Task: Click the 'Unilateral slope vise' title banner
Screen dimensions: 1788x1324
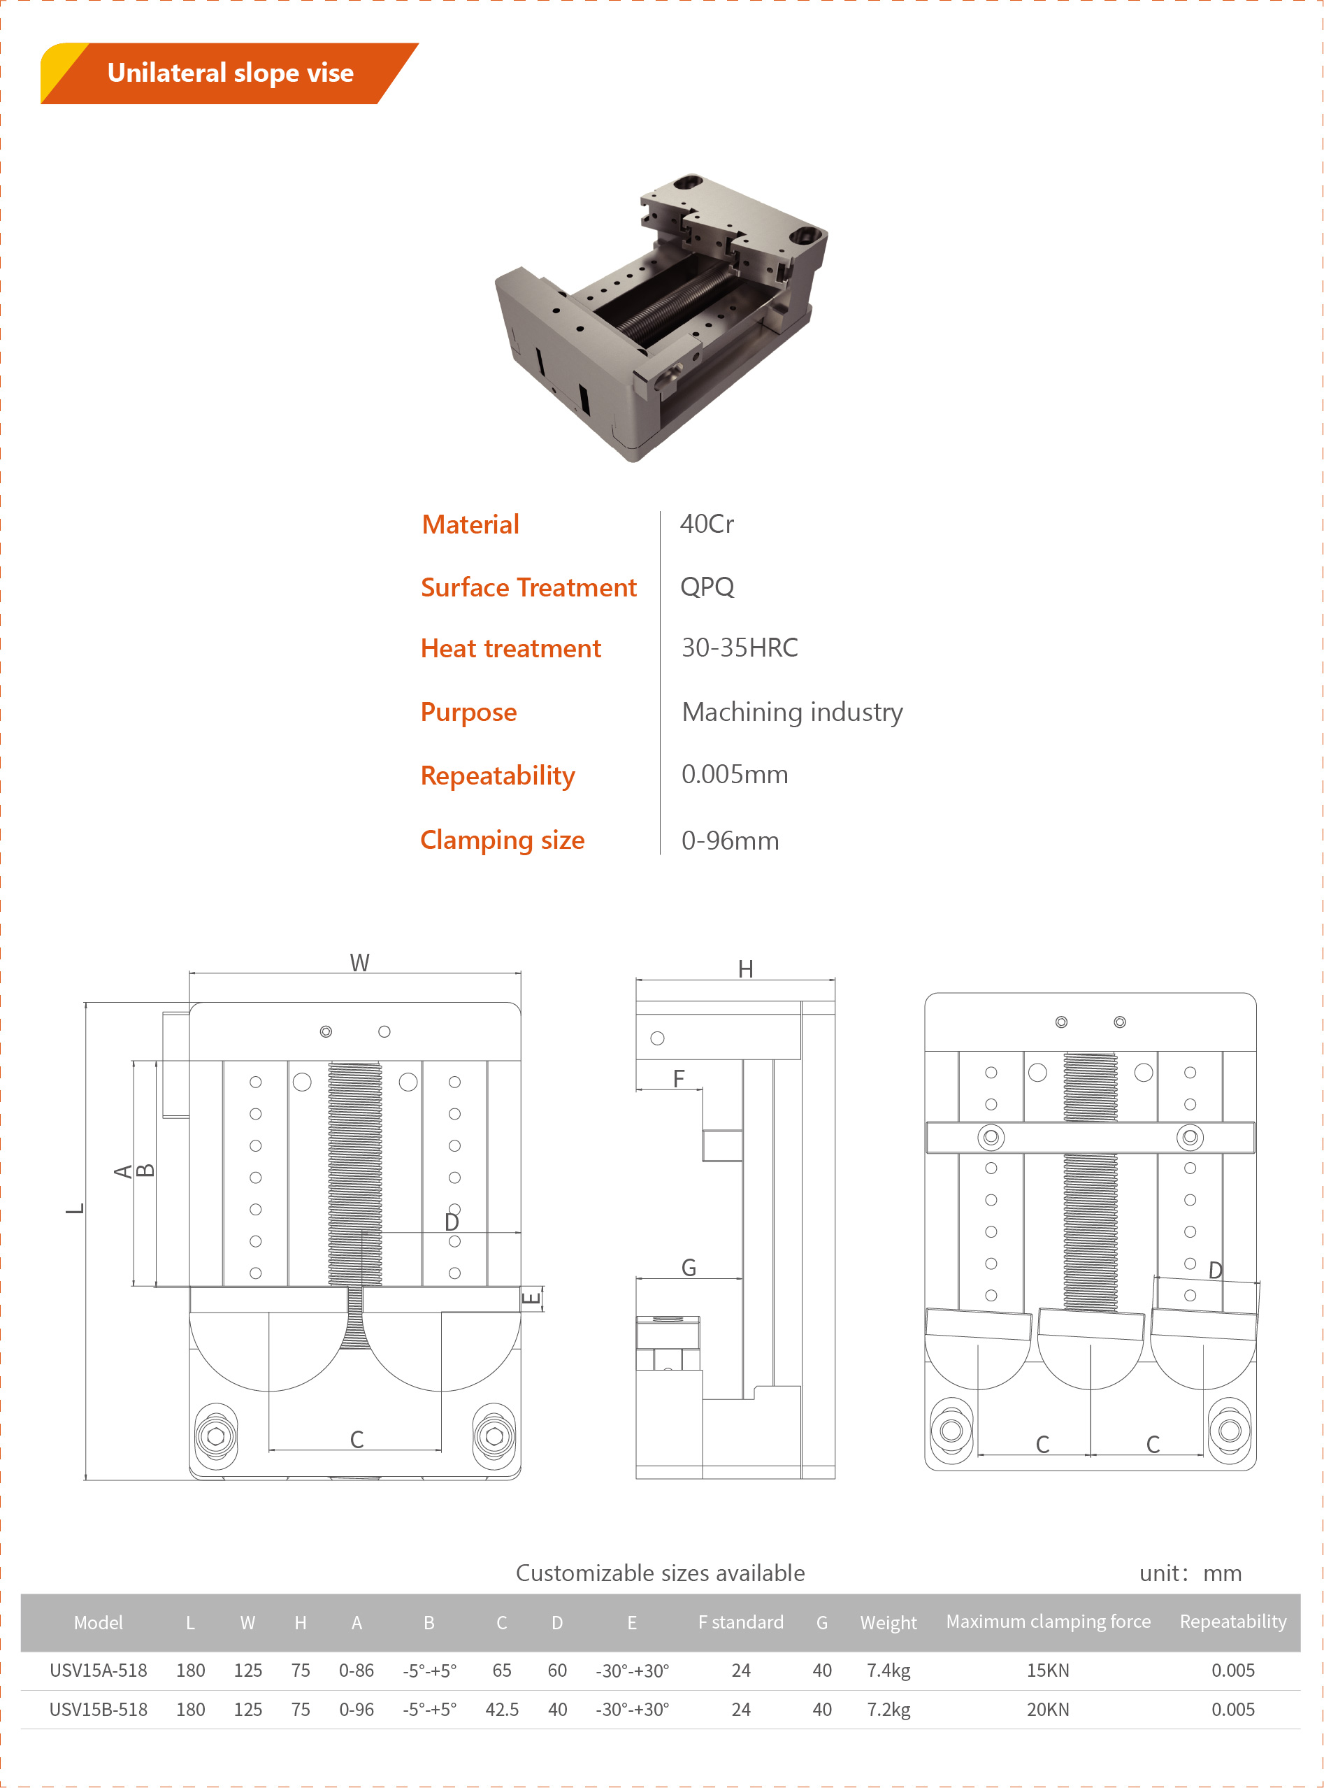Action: [x=230, y=73]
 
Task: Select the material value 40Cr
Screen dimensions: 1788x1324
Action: [x=706, y=524]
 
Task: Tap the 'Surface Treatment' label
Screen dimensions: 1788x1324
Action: [x=528, y=587]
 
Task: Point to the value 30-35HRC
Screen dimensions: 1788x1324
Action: [x=739, y=648]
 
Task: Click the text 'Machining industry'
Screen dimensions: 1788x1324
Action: [x=792, y=712]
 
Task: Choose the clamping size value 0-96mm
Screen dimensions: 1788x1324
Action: [x=729, y=841]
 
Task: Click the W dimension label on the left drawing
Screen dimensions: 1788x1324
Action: [x=359, y=962]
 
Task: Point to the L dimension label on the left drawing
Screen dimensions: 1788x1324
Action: [x=75, y=1208]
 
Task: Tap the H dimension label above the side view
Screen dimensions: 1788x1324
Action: [x=745, y=968]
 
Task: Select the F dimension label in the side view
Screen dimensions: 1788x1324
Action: [x=678, y=1078]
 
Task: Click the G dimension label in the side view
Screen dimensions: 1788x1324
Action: [x=689, y=1267]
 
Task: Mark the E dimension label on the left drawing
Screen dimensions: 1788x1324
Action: [x=531, y=1296]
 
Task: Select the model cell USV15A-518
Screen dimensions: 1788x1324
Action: [x=99, y=1670]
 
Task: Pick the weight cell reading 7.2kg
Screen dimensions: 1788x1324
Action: [x=888, y=1710]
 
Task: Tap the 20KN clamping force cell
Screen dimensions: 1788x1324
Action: [x=1047, y=1710]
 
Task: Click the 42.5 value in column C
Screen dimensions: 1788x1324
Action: [x=502, y=1710]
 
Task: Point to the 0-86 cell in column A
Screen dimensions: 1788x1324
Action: [x=356, y=1670]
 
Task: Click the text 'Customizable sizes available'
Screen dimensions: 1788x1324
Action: [x=660, y=1573]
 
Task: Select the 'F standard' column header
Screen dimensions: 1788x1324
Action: [x=740, y=1622]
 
